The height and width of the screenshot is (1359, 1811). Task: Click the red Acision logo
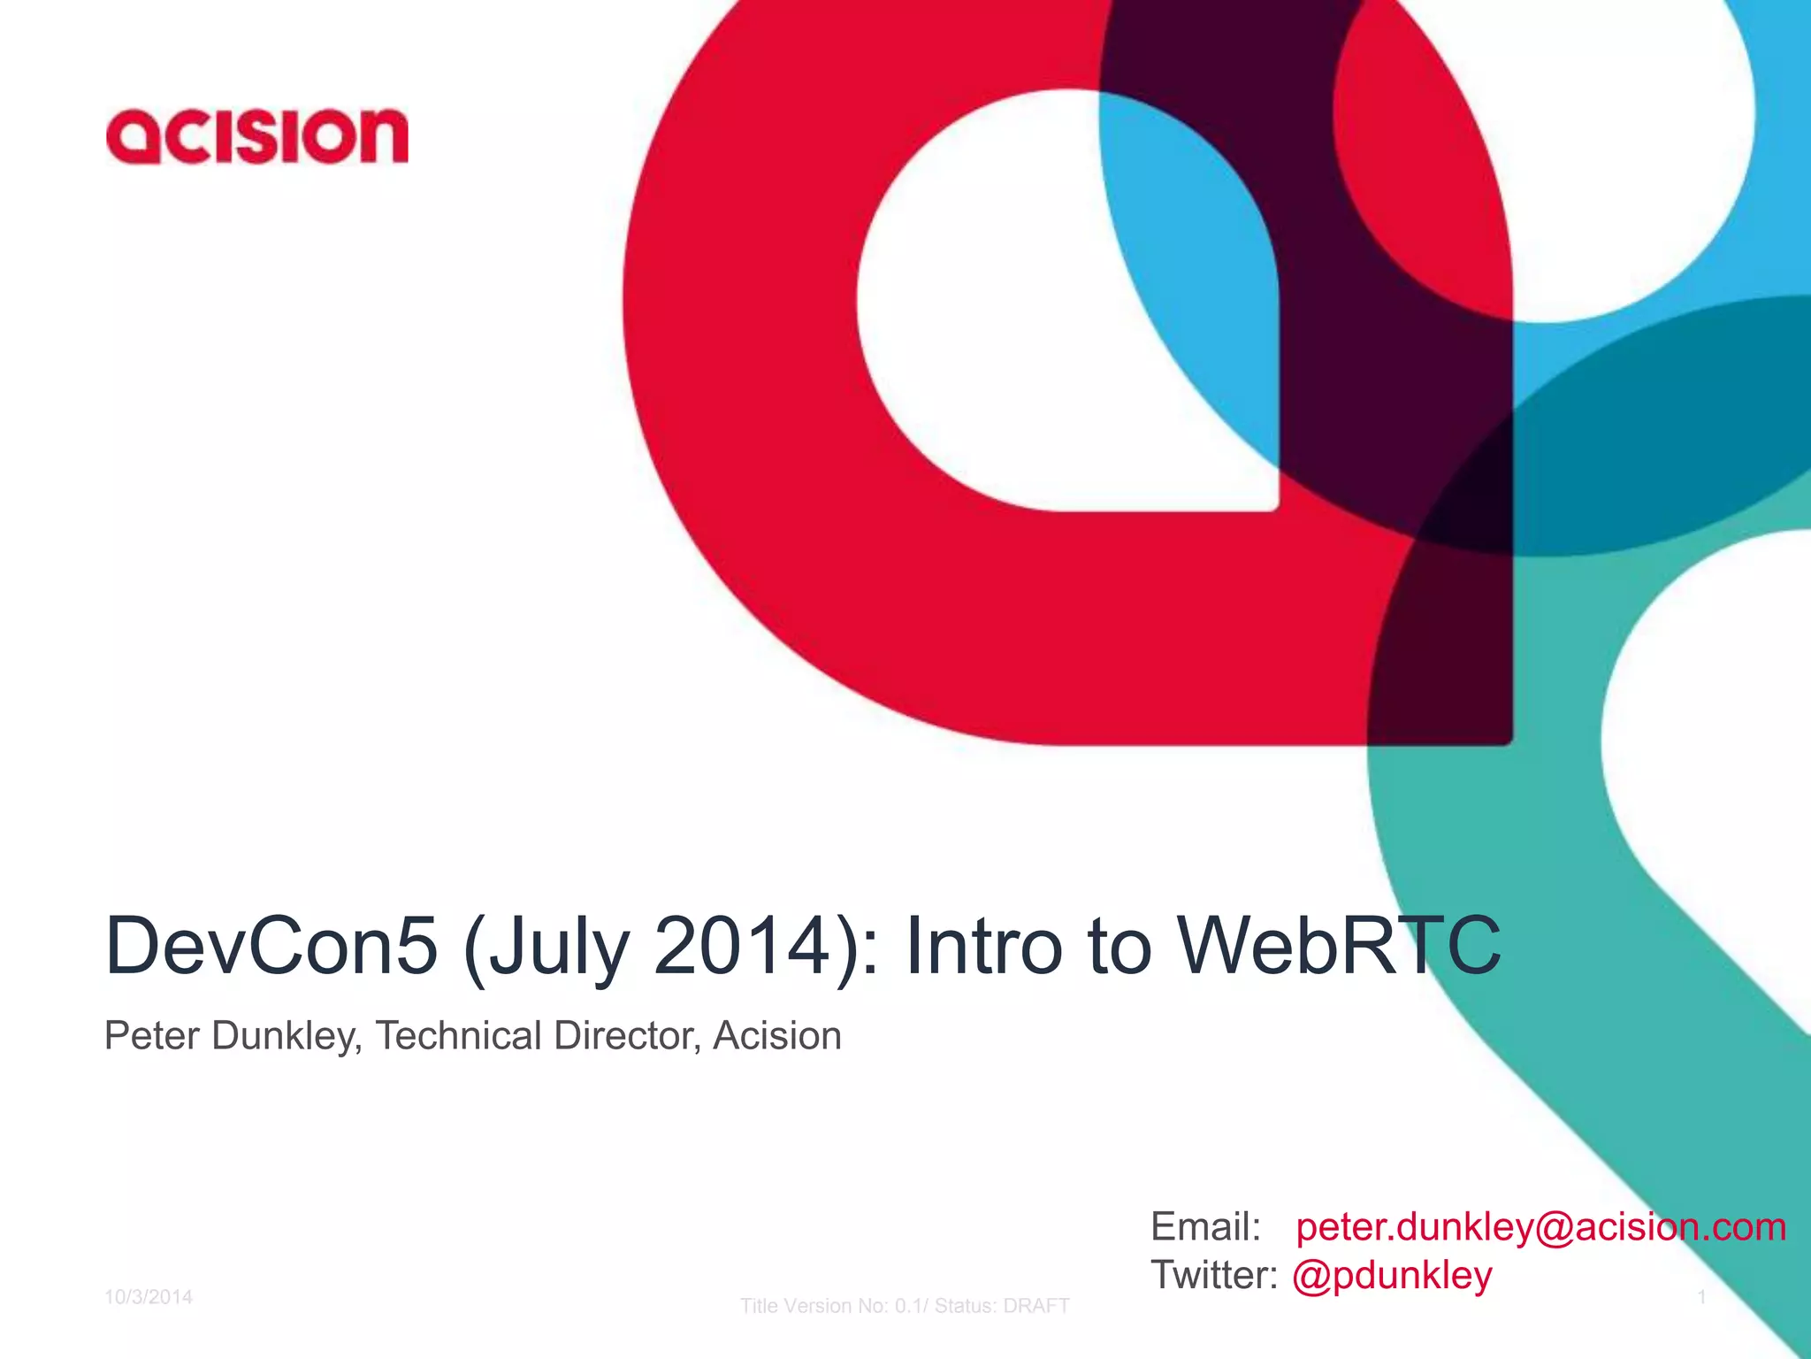(256, 136)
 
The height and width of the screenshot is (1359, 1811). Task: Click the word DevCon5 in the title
(271, 946)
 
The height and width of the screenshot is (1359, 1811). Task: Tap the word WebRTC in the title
(1339, 946)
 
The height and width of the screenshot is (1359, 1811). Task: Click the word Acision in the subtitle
(777, 1036)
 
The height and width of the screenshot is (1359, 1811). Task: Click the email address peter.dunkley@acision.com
(1540, 1227)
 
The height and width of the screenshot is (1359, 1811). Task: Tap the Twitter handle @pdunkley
(1392, 1276)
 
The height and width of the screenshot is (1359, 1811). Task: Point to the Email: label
(1205, 1227)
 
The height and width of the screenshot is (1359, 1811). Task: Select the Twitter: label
(1214, 1276)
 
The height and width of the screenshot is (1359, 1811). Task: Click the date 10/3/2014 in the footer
(149, 1297)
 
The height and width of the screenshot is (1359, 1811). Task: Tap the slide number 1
(1701, 1297)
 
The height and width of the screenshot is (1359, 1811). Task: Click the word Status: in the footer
(965, 1306)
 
